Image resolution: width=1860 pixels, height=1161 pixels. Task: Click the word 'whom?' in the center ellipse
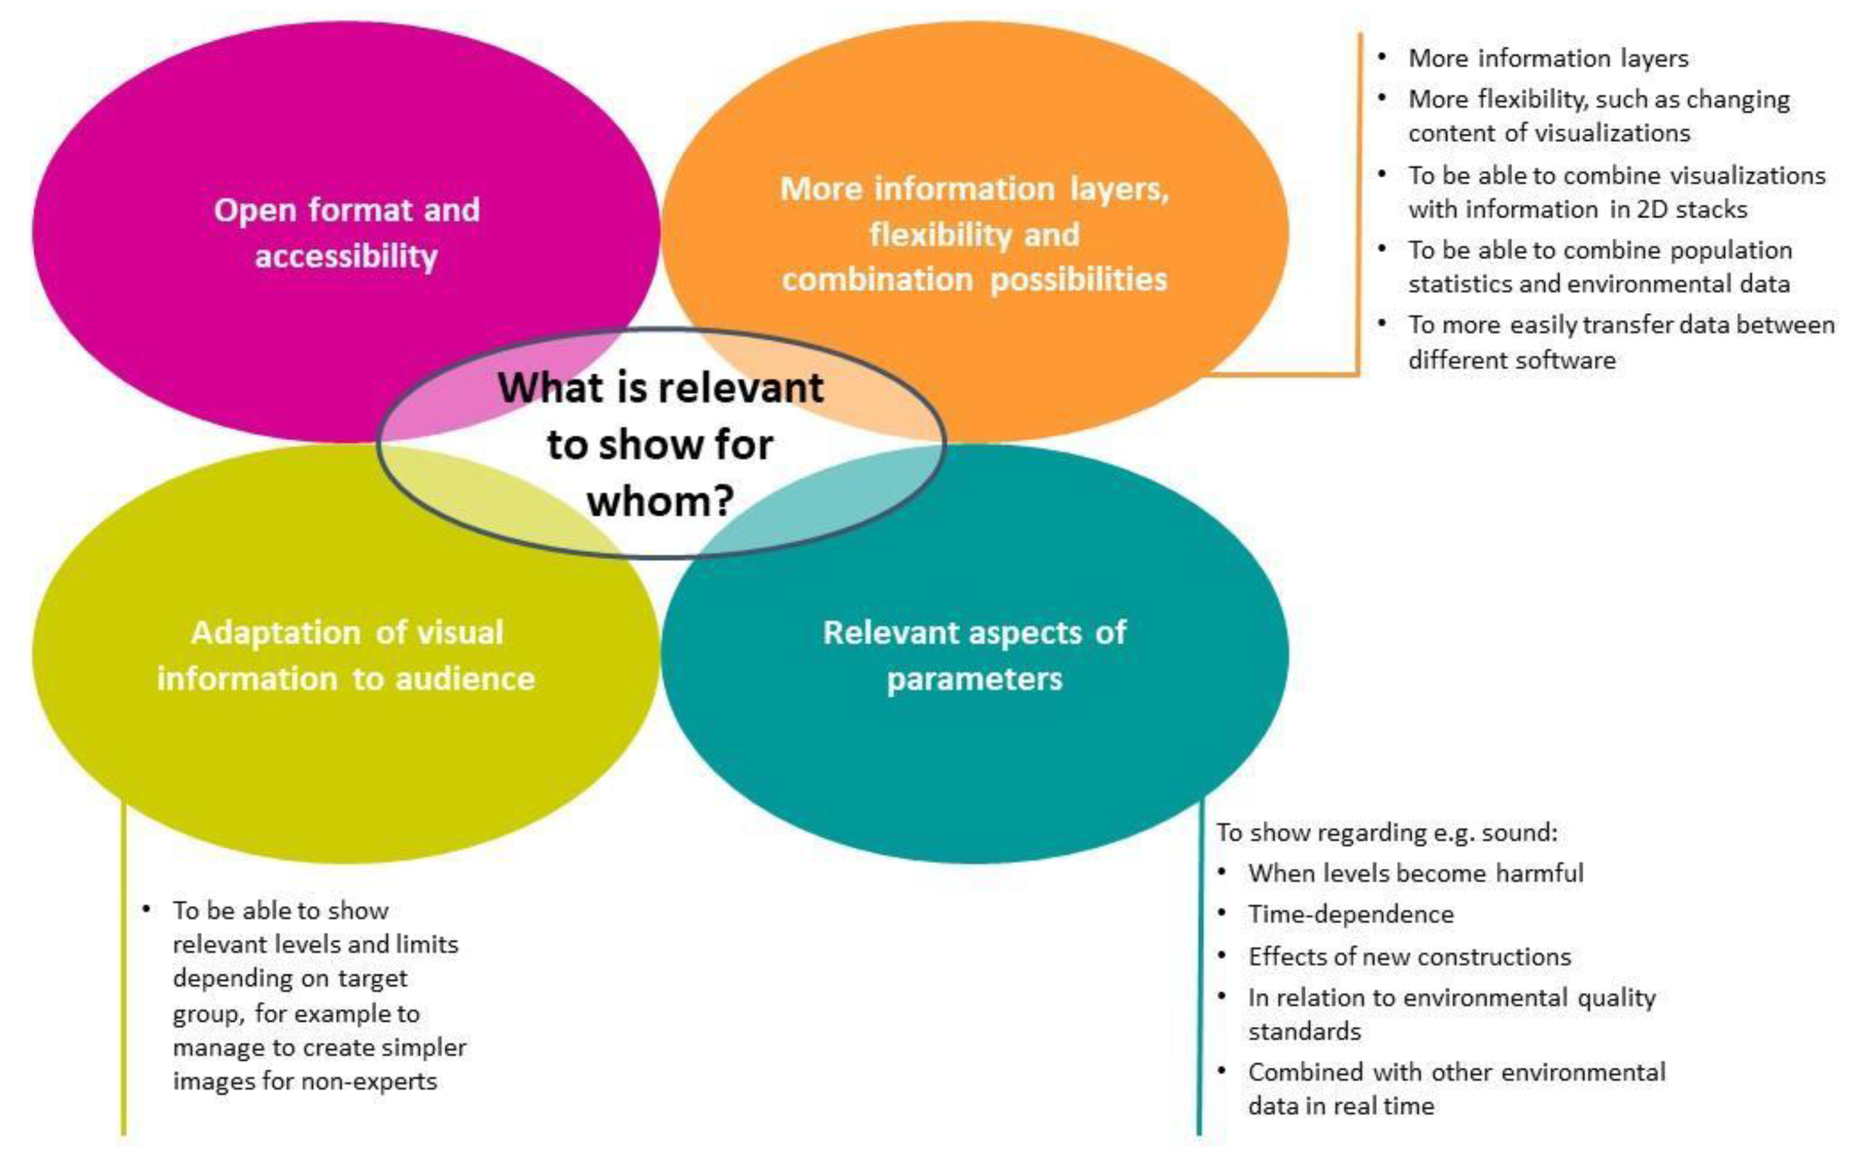point(660,501)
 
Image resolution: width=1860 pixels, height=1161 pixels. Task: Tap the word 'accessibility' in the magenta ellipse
point(346,256)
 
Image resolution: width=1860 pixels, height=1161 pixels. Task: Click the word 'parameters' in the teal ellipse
point(974,679)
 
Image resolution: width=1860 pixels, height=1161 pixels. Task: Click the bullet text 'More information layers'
point(1548,58)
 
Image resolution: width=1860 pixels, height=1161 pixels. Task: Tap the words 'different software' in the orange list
point(1512,360)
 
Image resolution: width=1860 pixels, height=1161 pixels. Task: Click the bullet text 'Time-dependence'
point(1351,914)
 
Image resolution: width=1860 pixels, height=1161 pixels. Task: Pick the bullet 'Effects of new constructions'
point(1409,956)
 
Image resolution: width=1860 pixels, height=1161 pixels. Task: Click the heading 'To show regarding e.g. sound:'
point(1387,832)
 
